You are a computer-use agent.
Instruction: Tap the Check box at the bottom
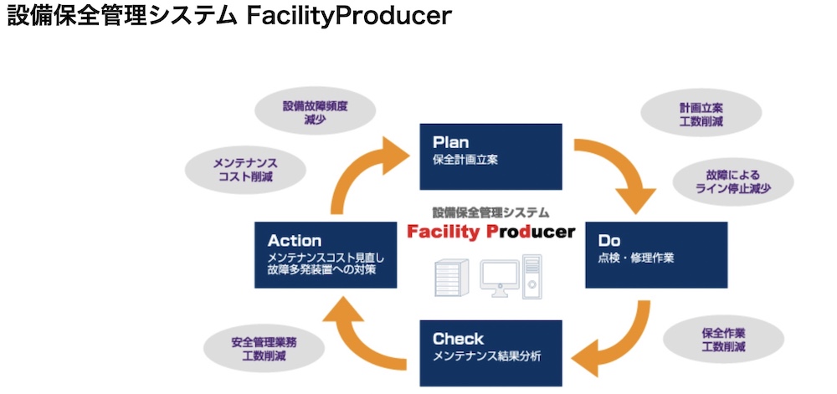(x=490, y=347)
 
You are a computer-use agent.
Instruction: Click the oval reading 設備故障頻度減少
(x=315, y=112)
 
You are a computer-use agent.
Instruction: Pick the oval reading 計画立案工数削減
(x=701, y=114)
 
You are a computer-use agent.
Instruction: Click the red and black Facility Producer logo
(x=490, y=232)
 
